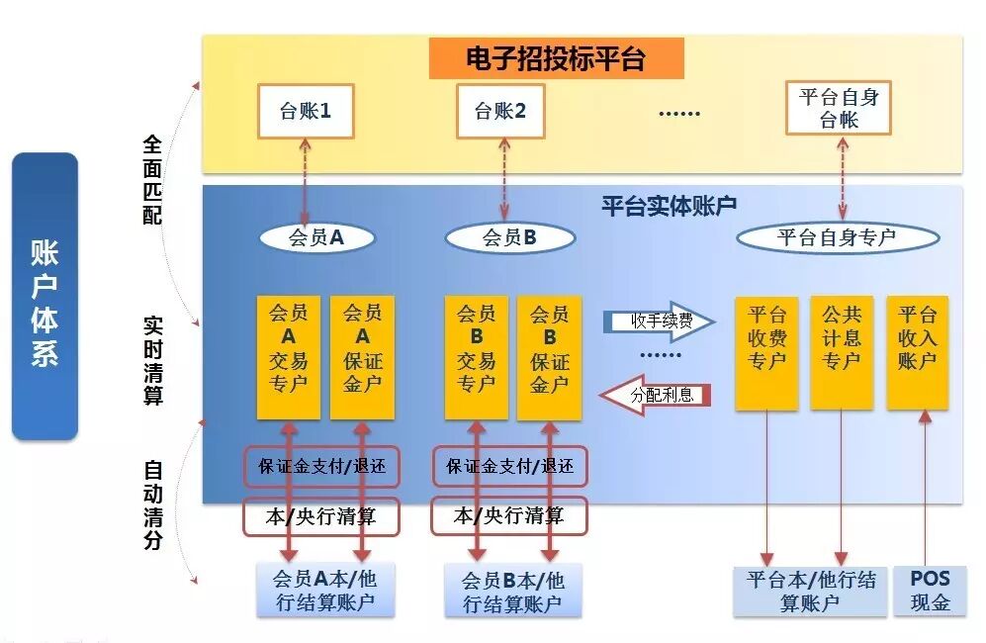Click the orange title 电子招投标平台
pyautogui.click(x=556, y=59)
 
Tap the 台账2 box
pyautogui.click(x=500, y=111)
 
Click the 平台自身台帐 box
pyautogui.click(x=839, y=108)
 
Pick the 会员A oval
pyautogui.click(x=316, y=237)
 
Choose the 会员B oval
pyautogui.click(x=509, y=237)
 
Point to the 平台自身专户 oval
pyautogui.click(x=837, y=237)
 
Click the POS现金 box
pyautogui.click(x=930, y=591)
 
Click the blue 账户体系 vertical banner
pyautogui.click(x=45, y=297)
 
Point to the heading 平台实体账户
pyautogui.click(x=670, y=206)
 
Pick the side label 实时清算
pyautogui.click(x=153, y=360)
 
